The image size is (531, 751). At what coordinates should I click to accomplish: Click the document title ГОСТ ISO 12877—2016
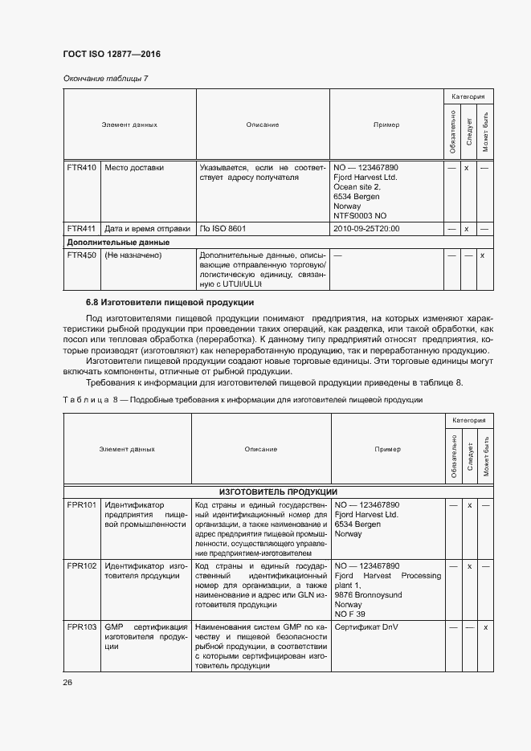[x=111, y=54]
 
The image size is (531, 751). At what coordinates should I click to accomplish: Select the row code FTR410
[x=81, y=168]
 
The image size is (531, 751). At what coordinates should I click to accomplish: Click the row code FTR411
[x=81, y=229]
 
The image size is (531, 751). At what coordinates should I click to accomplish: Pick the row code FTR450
[x=81, y=255]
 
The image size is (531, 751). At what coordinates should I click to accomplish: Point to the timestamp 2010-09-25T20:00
[x=366, y=229]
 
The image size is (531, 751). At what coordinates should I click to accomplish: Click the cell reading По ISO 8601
[x=223, y=229]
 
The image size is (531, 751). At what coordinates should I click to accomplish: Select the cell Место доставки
[x=134, y=168]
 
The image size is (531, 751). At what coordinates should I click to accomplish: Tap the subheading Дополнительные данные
[x=118, y=242]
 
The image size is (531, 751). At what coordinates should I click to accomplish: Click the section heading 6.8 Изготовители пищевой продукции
[x=170, y=303]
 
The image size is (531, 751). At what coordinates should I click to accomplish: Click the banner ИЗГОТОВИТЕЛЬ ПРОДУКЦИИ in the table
[x=278, y=492]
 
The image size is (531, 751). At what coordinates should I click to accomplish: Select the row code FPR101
[x=81, y=505]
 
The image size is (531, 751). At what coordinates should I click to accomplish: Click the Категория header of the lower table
[x=468, y=420]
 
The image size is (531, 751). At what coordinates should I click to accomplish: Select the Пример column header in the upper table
[x=386, y=124]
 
